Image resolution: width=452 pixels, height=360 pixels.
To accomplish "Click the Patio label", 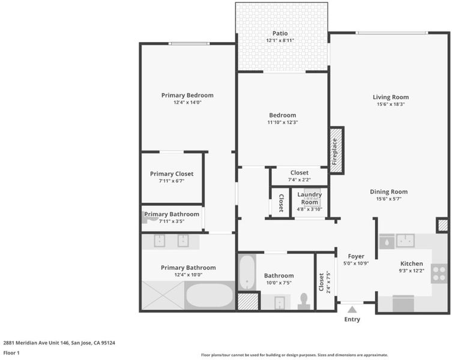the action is click(280, 34).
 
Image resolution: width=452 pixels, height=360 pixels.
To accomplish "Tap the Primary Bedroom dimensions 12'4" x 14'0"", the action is click(187, 103).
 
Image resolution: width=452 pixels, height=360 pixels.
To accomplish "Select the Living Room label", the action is click(391, 97).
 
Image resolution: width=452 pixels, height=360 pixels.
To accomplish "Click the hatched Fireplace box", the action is click(336, 151).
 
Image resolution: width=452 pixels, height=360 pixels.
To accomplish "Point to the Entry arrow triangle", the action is click(352, 310).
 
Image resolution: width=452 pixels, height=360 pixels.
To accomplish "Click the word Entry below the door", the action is click(352, 319).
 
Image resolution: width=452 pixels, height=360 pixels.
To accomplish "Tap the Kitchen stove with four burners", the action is click(439, 274).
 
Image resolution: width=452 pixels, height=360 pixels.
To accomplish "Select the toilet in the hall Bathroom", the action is click(304, 301).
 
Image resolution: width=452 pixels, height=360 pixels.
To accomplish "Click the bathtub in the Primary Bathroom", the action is click(209, 296).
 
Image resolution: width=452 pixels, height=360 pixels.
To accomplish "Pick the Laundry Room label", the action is click(309, 199).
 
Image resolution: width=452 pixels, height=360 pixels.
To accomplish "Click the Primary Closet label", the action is click(172, 174).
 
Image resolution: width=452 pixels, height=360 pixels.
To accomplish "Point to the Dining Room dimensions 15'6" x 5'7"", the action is click(389, 199).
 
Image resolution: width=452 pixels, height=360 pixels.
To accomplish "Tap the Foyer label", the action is click(356, 256).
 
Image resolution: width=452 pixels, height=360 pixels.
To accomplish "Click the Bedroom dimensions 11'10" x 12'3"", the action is click(283, 122).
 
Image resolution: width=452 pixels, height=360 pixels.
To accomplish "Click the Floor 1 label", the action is click(11, 353).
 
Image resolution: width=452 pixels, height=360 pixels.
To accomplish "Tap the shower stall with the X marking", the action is click(163, 296).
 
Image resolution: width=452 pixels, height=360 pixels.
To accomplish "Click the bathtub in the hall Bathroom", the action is click(247, 272).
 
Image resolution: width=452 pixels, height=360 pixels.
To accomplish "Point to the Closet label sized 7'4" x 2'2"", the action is click(299, 173).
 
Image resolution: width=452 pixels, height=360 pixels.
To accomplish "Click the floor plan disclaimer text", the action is click(294, 355).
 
